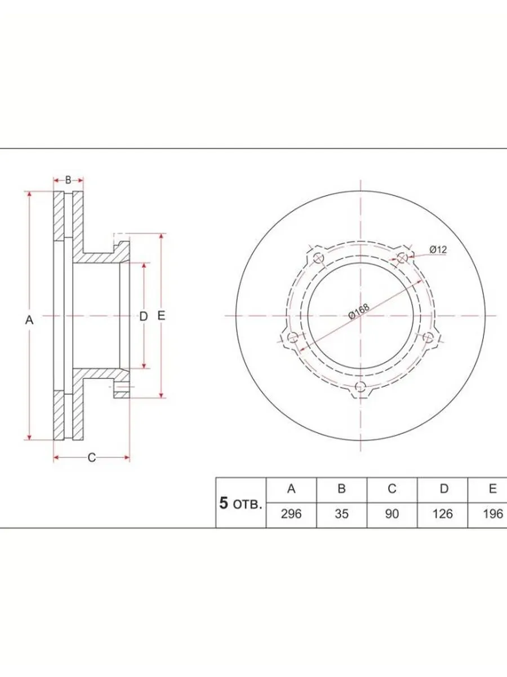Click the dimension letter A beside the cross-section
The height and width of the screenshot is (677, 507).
tap(29, 320)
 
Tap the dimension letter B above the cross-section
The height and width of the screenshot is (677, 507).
tap(68, 180)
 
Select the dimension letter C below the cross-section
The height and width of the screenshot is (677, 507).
tap(92, 458)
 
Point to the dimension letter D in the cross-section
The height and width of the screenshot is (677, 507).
tap(144, 316)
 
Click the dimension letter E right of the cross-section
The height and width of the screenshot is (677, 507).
tap(161, 316)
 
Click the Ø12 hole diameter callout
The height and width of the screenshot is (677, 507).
tap(438, 249)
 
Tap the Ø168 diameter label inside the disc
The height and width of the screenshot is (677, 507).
tap(359, 311)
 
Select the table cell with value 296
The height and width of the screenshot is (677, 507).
tap(291, 514)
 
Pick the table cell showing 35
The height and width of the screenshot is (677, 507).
tap(342, 514)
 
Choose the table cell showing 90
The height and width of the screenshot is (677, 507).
tap(392, 514)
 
